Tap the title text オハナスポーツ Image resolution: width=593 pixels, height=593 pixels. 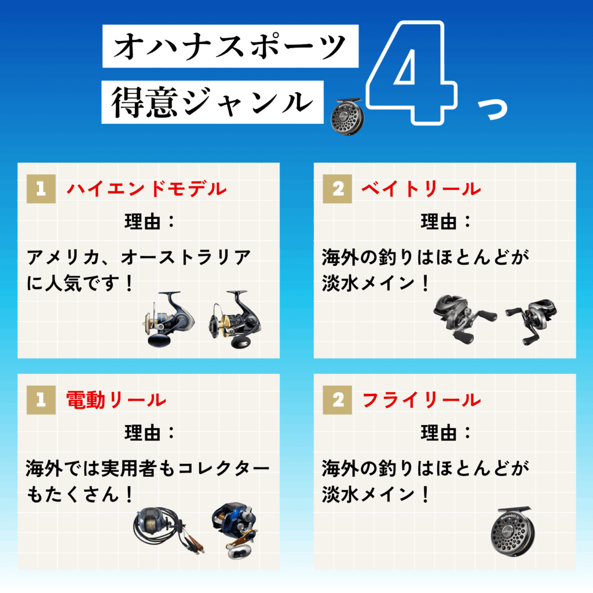(x=230, y=46)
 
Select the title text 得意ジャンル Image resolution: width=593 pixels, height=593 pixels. (x=212, y=102)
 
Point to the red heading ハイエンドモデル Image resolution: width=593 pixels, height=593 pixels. (x=147, y=189)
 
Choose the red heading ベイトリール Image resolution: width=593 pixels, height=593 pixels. (x=421, y=189)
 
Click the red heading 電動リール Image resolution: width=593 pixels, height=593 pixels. (x=116, y=400)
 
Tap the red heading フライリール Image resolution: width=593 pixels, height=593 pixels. (x=422, y=400)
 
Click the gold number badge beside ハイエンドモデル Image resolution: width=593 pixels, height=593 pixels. (x=41, y=189)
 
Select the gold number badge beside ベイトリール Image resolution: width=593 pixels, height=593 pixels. (x=338, y=189)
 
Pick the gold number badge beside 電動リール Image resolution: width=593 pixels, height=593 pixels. (x=41, y=400)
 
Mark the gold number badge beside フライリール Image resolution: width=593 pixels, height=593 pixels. (x=338, y=400)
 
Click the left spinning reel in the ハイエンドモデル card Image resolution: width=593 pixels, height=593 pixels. (x=169, y=319)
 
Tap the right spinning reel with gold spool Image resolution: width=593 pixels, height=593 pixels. (x=235, y=319)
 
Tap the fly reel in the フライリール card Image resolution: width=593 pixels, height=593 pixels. (x=512, y=532)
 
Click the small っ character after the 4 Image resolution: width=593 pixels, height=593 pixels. (x=492, y=109)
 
